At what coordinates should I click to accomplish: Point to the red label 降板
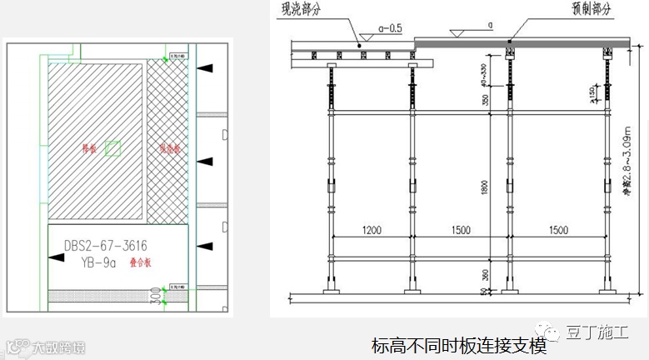(88, 148)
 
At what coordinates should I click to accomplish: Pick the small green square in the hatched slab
(113, 149)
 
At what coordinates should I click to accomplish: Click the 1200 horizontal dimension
(372, 229)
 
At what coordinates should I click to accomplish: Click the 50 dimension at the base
(484, 291)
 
